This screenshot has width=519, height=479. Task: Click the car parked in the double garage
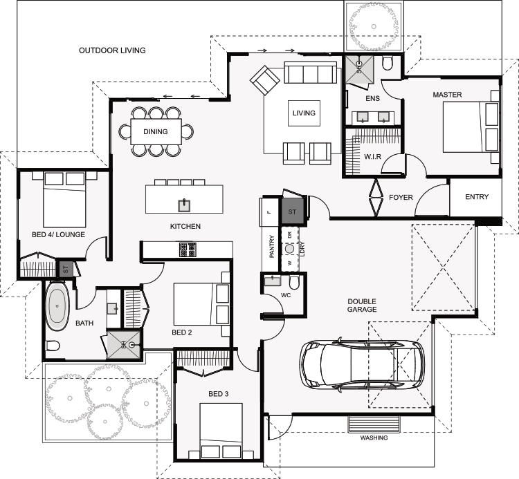point(362,364)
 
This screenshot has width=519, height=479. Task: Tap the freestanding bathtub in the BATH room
point(57,306)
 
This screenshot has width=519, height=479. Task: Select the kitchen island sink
point(184,205)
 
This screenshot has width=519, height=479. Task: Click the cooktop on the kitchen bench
point(188,250)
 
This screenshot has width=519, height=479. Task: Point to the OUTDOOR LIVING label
point(112,50)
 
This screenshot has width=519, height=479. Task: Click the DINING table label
point(156,131)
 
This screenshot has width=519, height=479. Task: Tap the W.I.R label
point(372,157)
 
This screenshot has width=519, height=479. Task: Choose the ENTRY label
point(477,197)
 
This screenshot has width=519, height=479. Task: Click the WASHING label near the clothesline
point(374,438)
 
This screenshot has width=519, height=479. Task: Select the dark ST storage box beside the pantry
point(292,212)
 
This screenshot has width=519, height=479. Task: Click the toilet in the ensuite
point(387,64)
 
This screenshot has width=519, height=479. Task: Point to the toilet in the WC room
point(294,282)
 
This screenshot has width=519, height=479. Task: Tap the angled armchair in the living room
point(265,80)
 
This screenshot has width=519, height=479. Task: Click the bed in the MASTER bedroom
point(471,127)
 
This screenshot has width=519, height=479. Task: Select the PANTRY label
point(272,246)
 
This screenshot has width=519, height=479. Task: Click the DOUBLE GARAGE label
point(362,306)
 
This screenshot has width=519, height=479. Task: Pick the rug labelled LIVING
point(304,113)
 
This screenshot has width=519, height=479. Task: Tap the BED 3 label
point(219,394)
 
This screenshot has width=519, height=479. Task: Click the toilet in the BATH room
point(53,346)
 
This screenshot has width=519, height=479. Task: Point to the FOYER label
point(401,198)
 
